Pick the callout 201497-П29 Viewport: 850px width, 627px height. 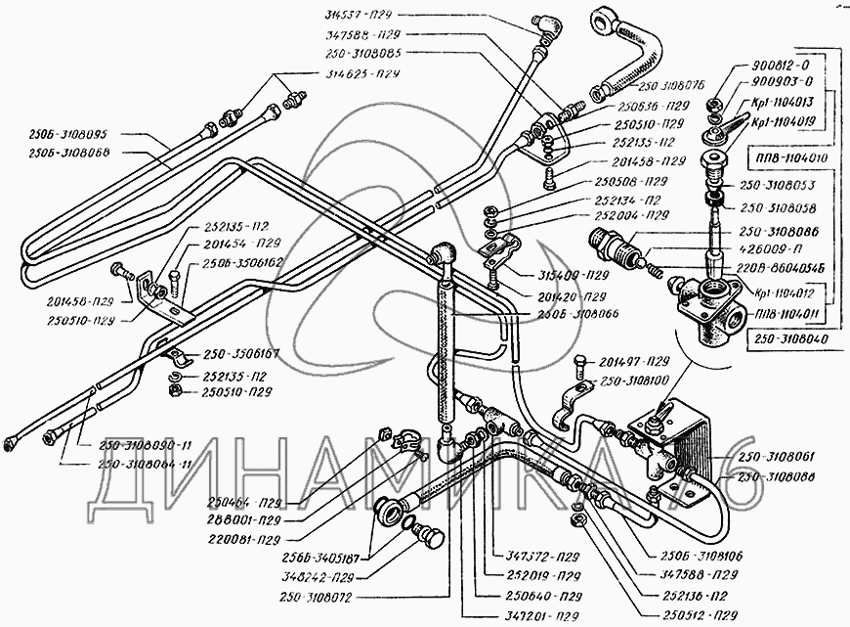tap(636, 361)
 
